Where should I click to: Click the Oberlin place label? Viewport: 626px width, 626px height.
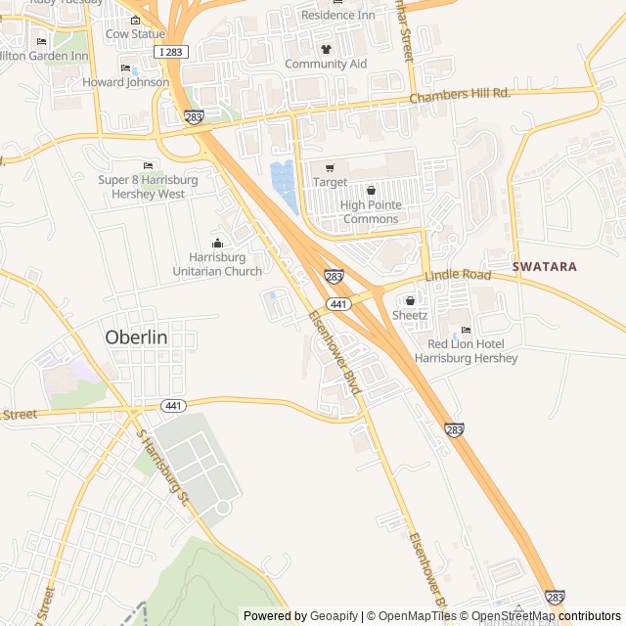[136, 336]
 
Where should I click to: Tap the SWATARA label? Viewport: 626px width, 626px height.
[545, 266]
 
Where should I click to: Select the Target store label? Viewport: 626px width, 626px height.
[330, 182]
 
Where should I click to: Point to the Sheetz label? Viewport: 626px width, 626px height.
[410, 315]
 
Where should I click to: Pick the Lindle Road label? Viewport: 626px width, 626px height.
[458, 276]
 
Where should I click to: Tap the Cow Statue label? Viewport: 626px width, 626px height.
[135, 34]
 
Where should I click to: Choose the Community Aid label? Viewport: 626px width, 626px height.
[326, 64]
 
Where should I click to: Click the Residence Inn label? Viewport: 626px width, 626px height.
[337, 15]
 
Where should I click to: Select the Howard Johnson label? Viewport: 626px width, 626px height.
[125, 82]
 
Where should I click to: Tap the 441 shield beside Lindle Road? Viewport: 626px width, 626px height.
[339, 304]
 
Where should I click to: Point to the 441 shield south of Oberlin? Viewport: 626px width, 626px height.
[173, 405]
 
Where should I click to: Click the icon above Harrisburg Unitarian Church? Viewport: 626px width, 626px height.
[217, 243]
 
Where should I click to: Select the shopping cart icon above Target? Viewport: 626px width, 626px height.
[330, 167]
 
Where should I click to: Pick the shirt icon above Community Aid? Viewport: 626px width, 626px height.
[326, 49]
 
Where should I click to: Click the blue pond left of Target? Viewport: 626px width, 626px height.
[284, 186]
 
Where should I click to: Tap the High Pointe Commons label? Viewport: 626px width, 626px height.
[370, 212]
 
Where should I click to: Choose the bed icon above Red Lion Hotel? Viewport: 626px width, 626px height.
[466, 330]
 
